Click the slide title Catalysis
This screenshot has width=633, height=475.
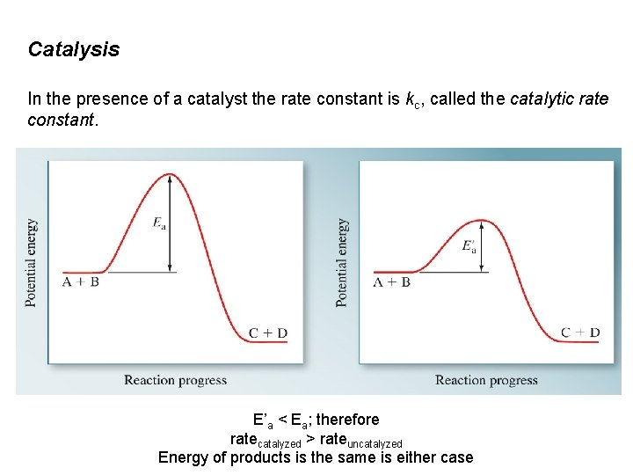(74, 49)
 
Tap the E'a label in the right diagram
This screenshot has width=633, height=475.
(469, 246)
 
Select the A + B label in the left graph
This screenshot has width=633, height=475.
(81, 282)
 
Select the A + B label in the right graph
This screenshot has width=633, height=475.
(392, 282)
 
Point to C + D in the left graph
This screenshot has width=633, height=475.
(268, 332)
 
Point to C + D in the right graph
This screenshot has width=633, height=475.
(580, 332)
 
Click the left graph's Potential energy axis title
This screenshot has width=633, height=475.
(32, 262)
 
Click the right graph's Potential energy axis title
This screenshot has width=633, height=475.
(342, 262)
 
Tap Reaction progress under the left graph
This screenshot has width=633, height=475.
(176, 380)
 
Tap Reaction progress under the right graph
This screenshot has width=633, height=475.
(486, 380)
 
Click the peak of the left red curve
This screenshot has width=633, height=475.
(170, 175)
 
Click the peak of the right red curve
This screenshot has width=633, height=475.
(481, 220)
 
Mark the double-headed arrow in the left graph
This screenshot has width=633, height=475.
(171, 223)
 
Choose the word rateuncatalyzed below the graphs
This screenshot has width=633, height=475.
(360, 440)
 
